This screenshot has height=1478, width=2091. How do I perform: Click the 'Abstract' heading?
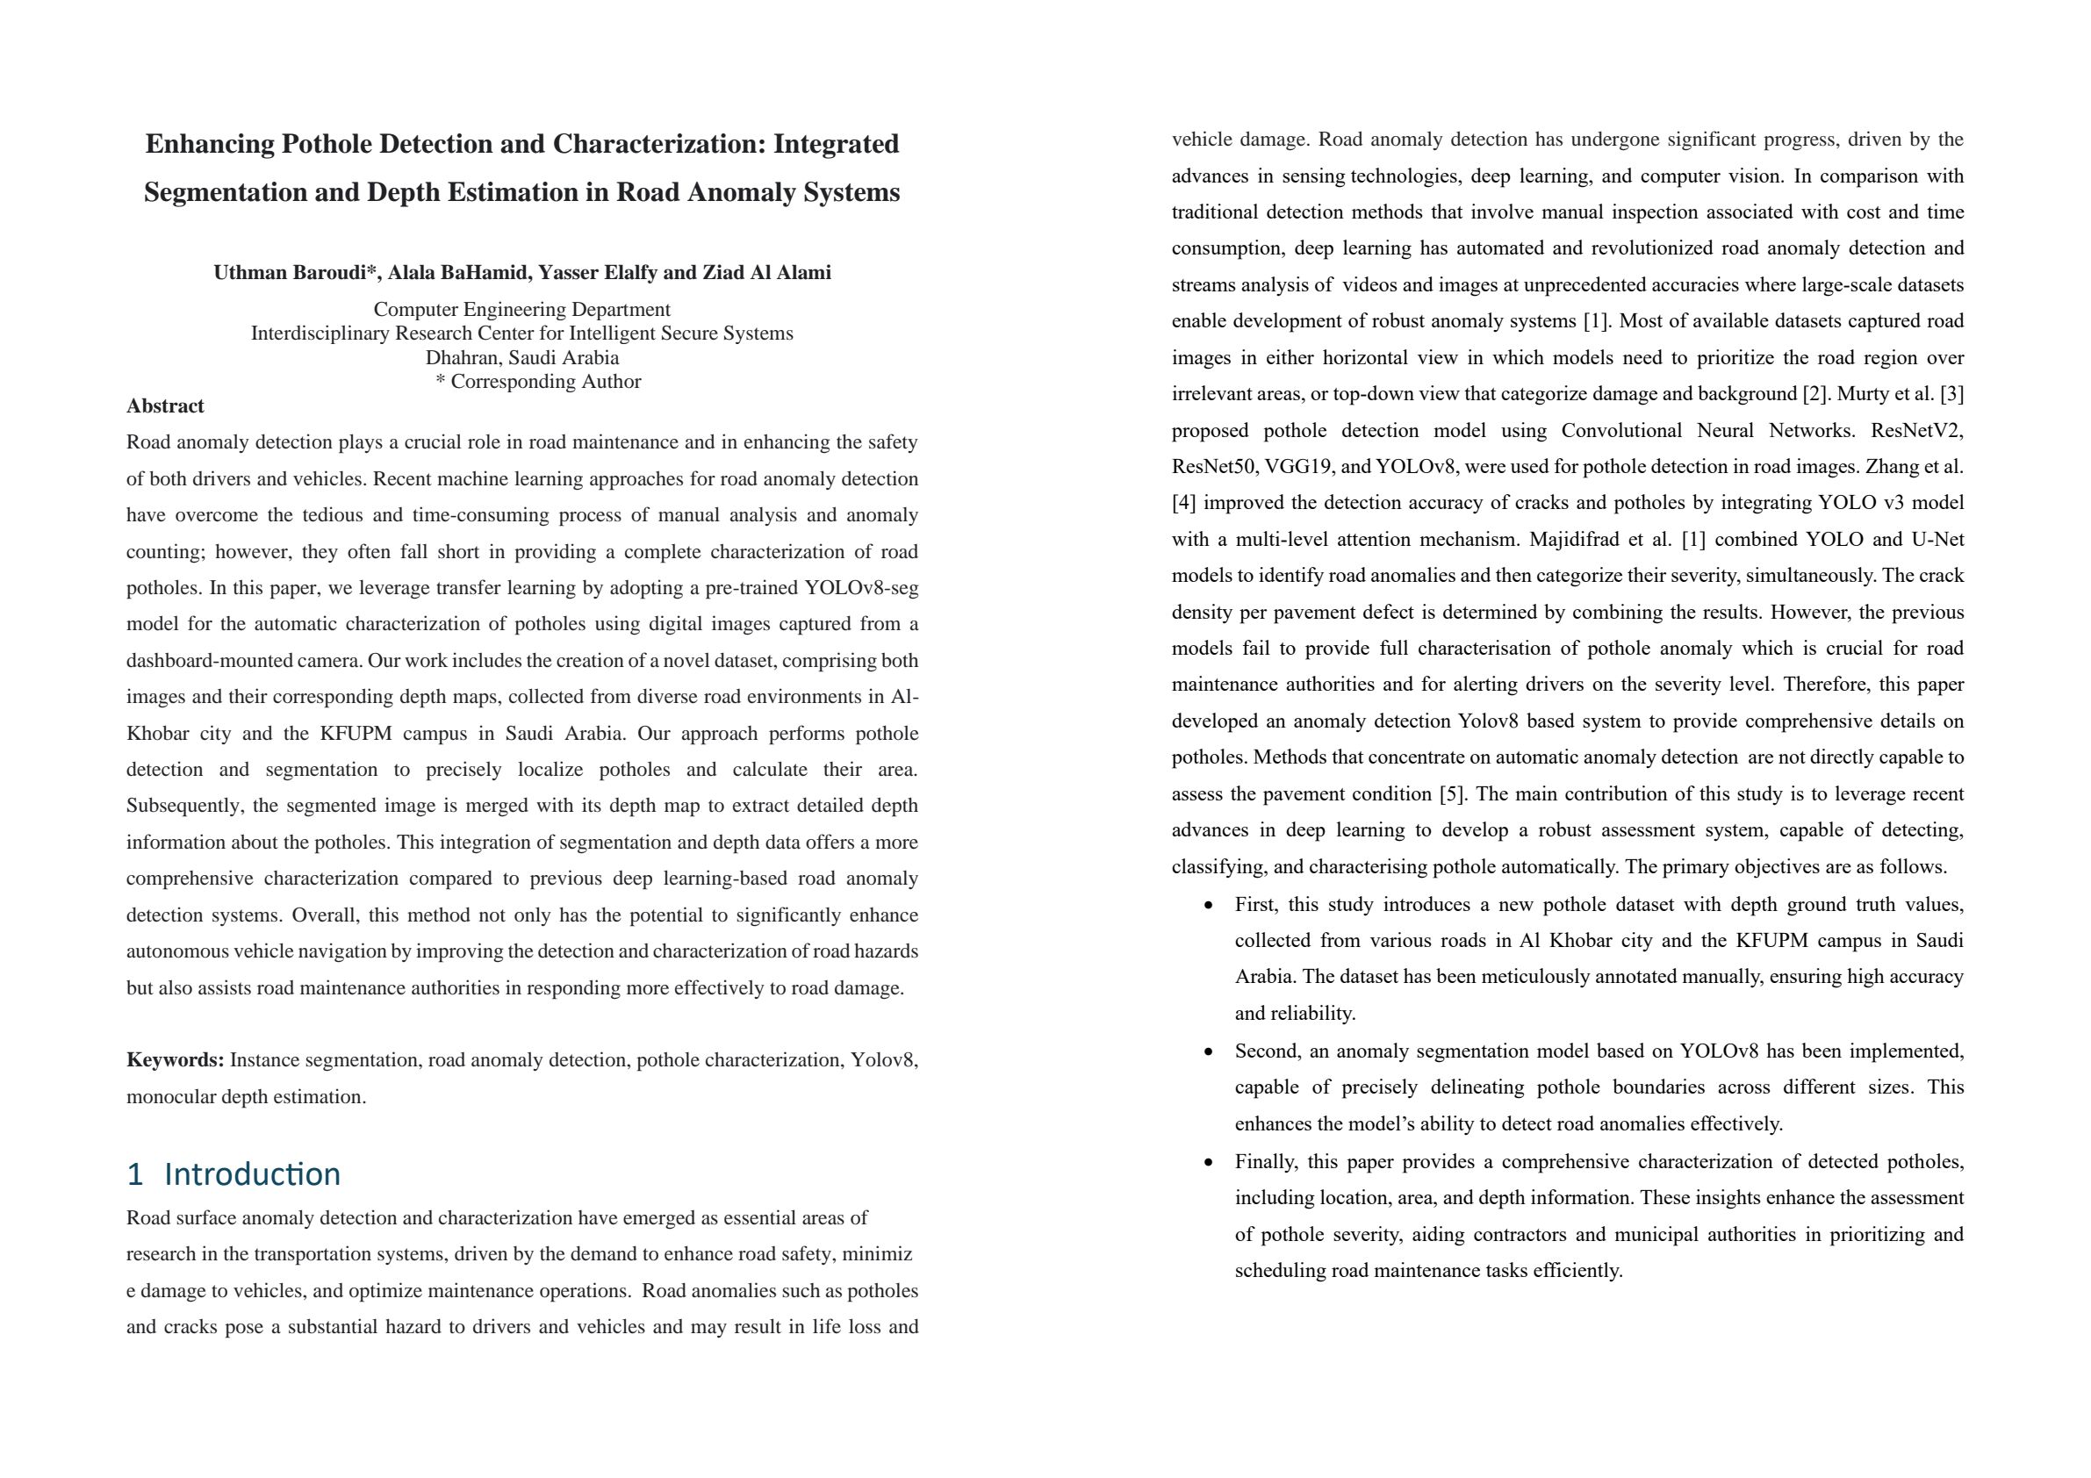point(165,406)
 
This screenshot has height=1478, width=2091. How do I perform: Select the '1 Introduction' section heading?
point(234,1174)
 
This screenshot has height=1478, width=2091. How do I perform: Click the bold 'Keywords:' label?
point(175,1060)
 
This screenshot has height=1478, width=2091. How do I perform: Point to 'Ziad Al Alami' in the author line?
point(766,272)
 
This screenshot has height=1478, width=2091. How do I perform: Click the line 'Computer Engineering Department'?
point(521,310)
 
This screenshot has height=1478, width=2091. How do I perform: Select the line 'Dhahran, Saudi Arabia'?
point(521,358)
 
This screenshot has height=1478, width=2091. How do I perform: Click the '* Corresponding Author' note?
point(538,382)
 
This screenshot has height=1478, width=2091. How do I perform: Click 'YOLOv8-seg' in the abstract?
point(860,587)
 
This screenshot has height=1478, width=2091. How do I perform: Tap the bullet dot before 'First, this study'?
point(1209,905)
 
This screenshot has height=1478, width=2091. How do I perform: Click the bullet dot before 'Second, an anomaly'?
point(1209,1051)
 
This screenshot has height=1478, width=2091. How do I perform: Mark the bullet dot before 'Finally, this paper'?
point(1209,1162)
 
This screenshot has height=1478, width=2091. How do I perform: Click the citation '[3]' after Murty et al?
point(1951,394)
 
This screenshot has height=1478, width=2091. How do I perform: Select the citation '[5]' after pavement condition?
point(1451,794)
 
